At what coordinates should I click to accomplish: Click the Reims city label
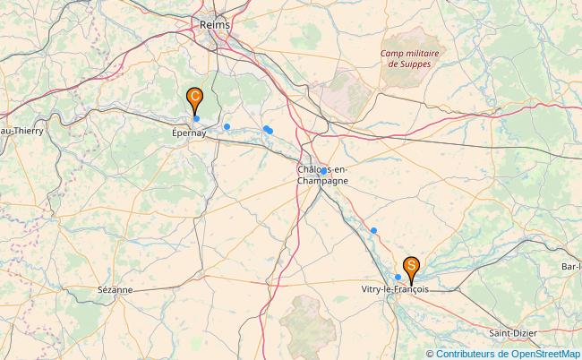pyautogui.click(x=215, y=25)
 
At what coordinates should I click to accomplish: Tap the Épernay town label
pyautogui.click(x=189, y=133)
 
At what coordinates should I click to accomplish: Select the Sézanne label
pyautogui.click(x=116, y=290)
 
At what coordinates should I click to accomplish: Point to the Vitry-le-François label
pyautogui.click(x=394, y=290)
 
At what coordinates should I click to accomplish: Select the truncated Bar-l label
pyautogui.click(x=570, y=267)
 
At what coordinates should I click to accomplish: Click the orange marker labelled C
pyautogui.click(x=194, y=97)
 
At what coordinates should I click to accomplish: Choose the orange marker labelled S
pyautogui.click(x=411, y=265)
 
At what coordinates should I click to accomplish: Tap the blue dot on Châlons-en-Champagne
pyautogui.click(x=323, y=170)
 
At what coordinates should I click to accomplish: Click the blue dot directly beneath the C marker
pyautogui.click(x=196, y=118)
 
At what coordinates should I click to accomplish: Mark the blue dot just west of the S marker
pyautogui.click(x=398, y=278)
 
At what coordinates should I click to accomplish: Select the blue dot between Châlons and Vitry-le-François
pyautogui.click(x=374, y=231)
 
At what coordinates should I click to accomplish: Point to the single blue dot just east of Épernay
pyautogui.click(x=227, y=126)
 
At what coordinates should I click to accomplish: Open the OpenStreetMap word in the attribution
pyautogui.click(x=543, y=354)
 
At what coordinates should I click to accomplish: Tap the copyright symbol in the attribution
pyautogui.click(x=431, y=354)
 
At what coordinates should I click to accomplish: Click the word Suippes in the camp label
pyautogui.click(x=413, y=64)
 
